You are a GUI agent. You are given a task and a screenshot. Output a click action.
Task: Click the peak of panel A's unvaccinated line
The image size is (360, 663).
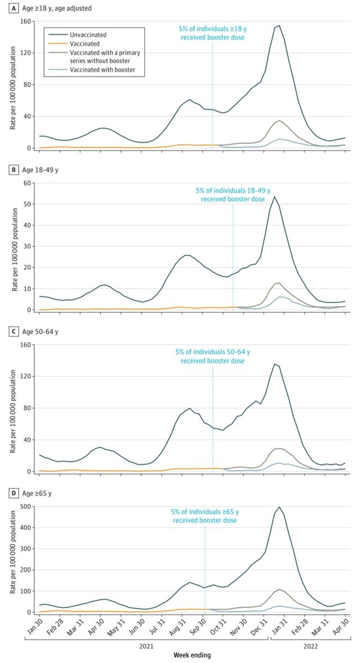pyautogui.click(x=279, y=25)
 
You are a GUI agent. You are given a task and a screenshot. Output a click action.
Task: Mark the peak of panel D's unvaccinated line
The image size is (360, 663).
pyautogui.click(x=279, y=507)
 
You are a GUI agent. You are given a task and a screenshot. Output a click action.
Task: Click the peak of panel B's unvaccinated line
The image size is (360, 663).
pyautogui.click(x=274, y=197)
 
